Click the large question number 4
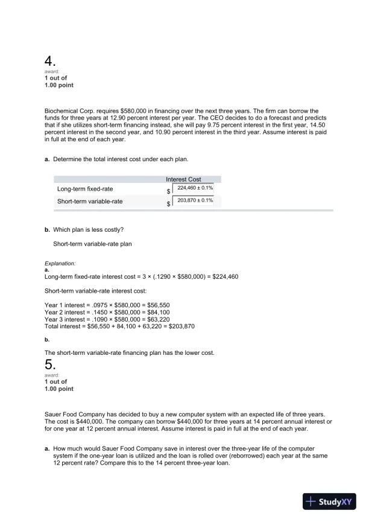(51, 62)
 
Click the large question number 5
(51, 364)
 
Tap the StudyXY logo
(330, 501)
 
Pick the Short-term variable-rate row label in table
(89, 201)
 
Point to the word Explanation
(60, 264)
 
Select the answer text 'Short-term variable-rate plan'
(92, 244)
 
